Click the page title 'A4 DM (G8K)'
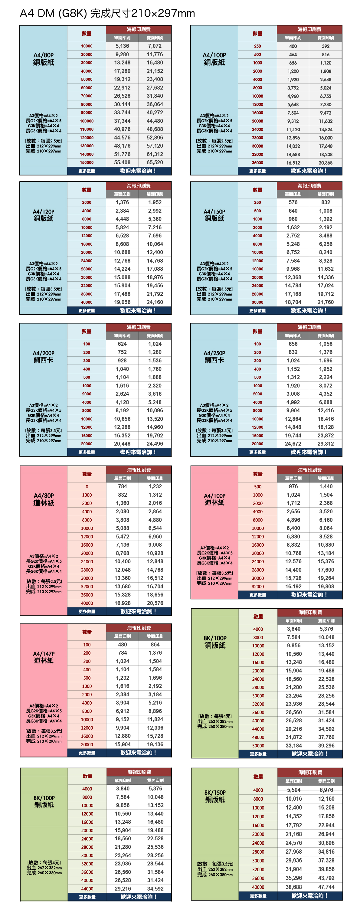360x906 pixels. point(53,13)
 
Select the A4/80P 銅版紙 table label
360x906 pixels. point(44,59)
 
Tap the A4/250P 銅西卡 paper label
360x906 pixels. point(214,356)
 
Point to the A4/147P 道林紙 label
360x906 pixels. point(44,657)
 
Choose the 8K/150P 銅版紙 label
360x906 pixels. point(215,796)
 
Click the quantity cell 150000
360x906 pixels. point(87,162)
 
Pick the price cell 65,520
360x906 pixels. point(155,162)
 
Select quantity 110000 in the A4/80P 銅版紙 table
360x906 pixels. point(87,129)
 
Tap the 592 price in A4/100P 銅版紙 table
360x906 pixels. point(326,46)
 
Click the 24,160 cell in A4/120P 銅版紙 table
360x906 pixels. point(155,302)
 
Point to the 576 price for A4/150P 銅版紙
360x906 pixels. point(293,202)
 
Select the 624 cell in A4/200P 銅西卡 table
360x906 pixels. point(122,344)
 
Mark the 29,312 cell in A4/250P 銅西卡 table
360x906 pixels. point(326,443)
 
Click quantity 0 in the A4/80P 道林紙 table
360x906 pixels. point(87,486)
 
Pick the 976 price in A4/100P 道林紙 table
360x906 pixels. point(293,486)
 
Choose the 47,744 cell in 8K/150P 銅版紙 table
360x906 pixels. point(326,887)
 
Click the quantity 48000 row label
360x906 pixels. point(258,737)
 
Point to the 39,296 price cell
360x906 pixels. point(326,745)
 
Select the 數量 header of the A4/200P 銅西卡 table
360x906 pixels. point(87,331)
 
